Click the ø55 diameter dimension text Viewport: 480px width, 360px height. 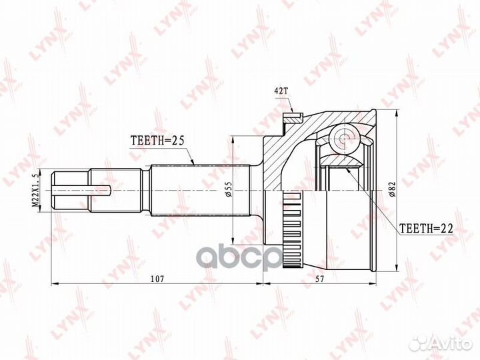pos(228,191)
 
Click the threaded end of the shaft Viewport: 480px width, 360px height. pos(71,190)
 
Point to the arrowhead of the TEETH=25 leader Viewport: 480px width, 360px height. pos(193,163)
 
